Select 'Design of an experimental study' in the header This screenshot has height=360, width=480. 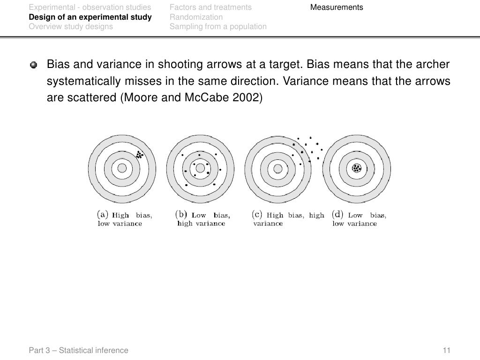point(90,17)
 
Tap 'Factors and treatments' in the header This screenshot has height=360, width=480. point(210,7)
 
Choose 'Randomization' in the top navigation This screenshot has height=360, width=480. point(196,17)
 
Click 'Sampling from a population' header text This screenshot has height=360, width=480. point(218,27)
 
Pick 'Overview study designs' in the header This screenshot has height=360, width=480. point(71,27)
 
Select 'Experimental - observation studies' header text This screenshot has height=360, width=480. point(90,7)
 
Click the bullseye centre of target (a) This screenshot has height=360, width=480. point(122,168)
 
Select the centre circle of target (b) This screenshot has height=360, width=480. point(200,168)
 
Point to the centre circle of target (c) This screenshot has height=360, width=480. point(278,168)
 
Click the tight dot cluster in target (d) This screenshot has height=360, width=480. point(357,168)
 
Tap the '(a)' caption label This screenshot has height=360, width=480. point(103,215)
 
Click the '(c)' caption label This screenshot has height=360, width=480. point(257,215)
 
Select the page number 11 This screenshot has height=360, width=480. point(446,350)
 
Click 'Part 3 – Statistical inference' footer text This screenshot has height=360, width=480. point(78,350)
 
